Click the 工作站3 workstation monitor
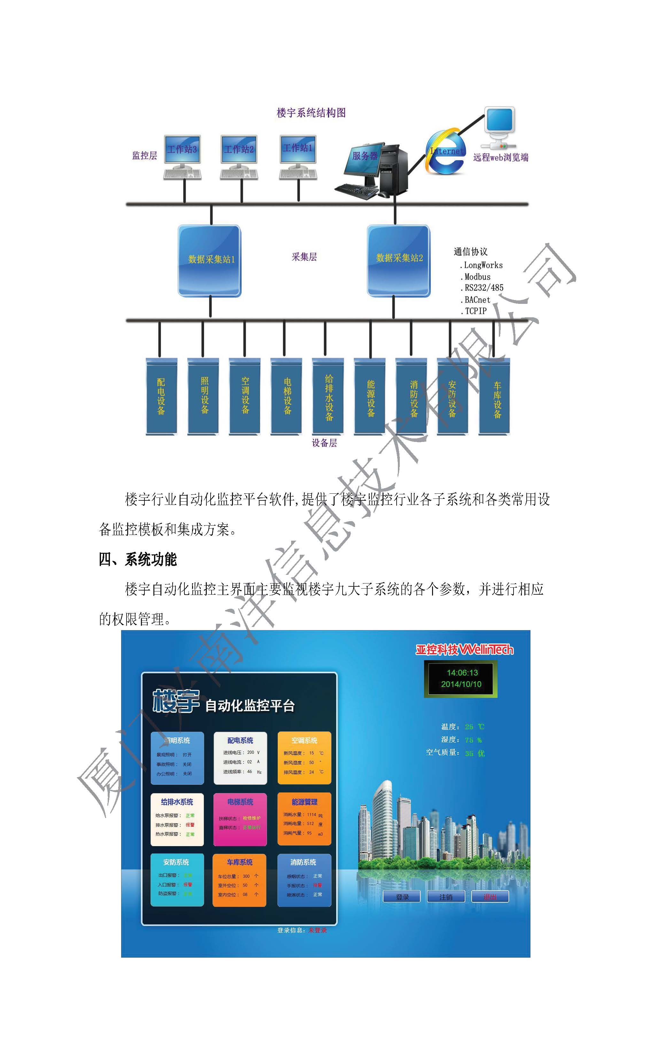pos(182,150)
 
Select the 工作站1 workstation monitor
pos(298,148)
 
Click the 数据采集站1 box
pos(210,260)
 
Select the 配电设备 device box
pos(161,395)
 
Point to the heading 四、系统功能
pos(137,559)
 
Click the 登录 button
pos(402,897)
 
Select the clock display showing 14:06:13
pos(461,679)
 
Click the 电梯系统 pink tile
pos(240,819)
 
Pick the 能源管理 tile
pos(304,819)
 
